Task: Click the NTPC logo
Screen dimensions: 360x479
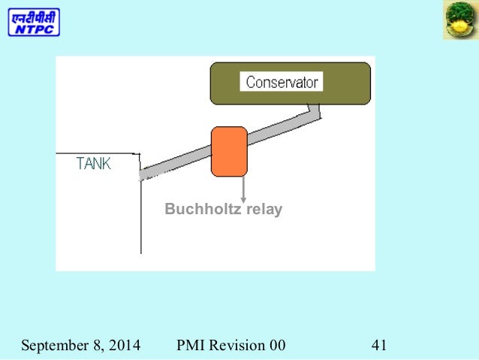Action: (x=34, y=22)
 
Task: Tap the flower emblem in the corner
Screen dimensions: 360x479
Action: (x=459, y=21)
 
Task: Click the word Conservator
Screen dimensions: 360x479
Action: (x=282, y=82)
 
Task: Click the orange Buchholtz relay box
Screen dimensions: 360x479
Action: (x=229, y=151)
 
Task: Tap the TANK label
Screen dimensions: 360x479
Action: (x=94, y=164)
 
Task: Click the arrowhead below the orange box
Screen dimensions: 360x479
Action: (x=243, y=199)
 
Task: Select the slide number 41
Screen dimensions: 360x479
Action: (x=378, y=346)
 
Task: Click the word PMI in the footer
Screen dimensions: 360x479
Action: (x=190, y=346)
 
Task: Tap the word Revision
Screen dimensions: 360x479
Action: (x=236, y=346)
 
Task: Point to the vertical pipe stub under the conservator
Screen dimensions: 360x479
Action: (x=316, y=110)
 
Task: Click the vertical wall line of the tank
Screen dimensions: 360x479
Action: (x=140, y=218)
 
